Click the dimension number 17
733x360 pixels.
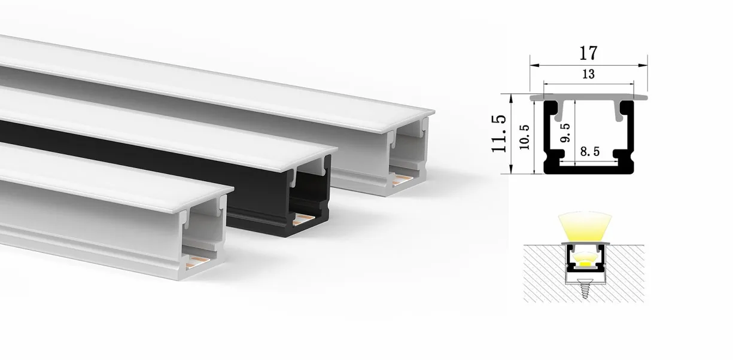588,53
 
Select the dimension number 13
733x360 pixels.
588,74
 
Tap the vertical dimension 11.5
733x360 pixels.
499,133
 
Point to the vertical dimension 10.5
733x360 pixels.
525,137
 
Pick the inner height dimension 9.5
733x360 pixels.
565,133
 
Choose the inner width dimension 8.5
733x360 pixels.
590,151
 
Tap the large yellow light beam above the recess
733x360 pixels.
585,227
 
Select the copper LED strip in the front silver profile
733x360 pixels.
197,262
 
